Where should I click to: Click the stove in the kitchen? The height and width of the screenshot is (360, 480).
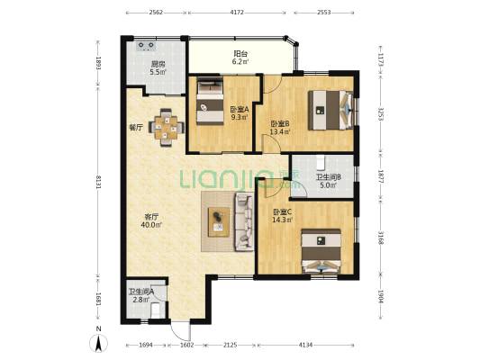coord(146,46)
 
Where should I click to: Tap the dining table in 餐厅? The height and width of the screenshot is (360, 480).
coord(167,128)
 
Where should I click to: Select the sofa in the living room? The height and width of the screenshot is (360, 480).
coord(244,221)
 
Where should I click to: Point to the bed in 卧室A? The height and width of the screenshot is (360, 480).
coord(210,101)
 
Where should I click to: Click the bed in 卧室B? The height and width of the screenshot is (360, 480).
coord(330,110)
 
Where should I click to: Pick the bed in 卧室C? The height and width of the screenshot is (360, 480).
coord(322,251)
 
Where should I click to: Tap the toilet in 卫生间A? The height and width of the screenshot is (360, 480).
coord(156,310)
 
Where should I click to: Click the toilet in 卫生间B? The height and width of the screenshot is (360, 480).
coord(321,162)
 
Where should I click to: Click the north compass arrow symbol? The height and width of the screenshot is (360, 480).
coord(98,344)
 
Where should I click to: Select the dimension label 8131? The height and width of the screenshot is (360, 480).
coord(98,182)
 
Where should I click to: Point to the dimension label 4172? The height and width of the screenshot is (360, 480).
coord(237,13)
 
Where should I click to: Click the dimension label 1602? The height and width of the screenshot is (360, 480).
coord(187,345)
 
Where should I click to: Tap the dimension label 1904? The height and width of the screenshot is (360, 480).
coord(381,296)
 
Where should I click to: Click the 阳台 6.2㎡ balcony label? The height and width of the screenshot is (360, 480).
coord(240,58)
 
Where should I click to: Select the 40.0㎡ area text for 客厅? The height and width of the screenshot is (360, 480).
coord(151,225)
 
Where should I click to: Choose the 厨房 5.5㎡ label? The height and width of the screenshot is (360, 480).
coord(158,68)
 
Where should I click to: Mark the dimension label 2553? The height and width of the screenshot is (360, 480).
coord(324,13)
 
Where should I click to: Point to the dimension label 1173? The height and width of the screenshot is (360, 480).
coord(381,60)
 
